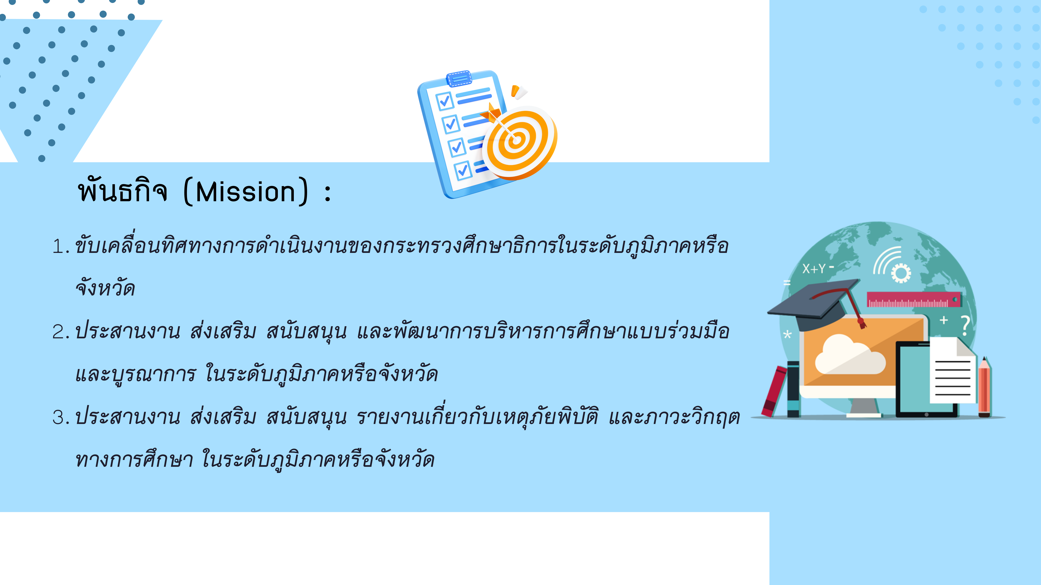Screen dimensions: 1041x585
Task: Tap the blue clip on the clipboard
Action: (459, 78)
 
